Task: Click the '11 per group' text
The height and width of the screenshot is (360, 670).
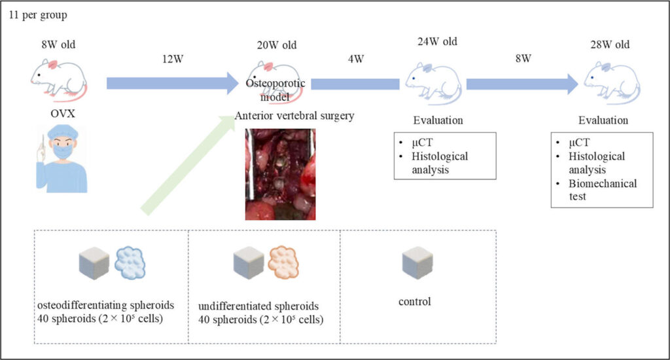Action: click(x=38, y=14)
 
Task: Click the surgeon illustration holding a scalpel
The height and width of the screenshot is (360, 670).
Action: click(x=60, y=160)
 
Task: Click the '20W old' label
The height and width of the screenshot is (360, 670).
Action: click(x=277, y=45)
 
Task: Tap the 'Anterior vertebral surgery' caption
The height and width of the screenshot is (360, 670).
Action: click(x=294, y=117)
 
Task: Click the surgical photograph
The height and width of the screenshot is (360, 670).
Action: click(x=280, y=173)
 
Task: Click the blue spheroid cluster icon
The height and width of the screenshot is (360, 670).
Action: click(x=133, y=263)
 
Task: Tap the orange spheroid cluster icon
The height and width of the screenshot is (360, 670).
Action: click(x=287, y=263)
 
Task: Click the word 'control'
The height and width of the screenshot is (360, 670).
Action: click(x=415, y=302)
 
